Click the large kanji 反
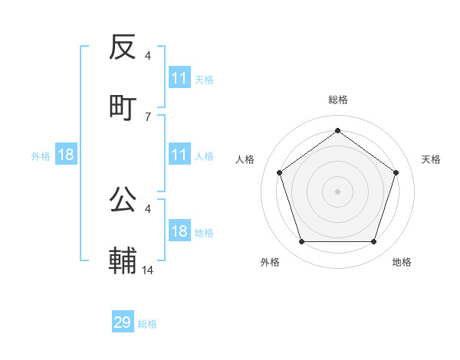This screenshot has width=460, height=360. tap(123, 47)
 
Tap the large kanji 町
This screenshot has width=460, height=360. tap(123, 106)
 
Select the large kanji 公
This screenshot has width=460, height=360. tap(123, 201)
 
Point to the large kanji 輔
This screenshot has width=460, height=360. tap(123, 260)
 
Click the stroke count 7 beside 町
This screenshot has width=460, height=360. tap(148, 116)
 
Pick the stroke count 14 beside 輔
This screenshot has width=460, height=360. tap(148, 270)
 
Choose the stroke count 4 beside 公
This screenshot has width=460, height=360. tap(148, 208)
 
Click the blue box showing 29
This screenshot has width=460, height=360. tap(123, 322)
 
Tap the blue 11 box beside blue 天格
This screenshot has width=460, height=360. tap(179, 78)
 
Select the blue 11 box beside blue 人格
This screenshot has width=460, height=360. tap(179, 155)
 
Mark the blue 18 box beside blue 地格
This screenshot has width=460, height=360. tap(179, 231)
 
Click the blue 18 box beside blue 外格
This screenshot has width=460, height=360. tap(66, 155)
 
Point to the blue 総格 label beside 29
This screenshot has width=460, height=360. tap(147, 324)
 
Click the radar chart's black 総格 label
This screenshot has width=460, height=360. tap(338, 100)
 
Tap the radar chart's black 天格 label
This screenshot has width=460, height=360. tap(431, 159)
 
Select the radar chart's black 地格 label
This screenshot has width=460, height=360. tap(402, 262)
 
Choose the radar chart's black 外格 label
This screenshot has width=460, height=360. tap(270, 262)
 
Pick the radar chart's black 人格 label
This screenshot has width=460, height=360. tap(245, 159)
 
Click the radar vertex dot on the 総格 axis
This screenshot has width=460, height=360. tap(337, 131)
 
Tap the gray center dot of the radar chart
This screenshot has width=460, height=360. tap(337, 191)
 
